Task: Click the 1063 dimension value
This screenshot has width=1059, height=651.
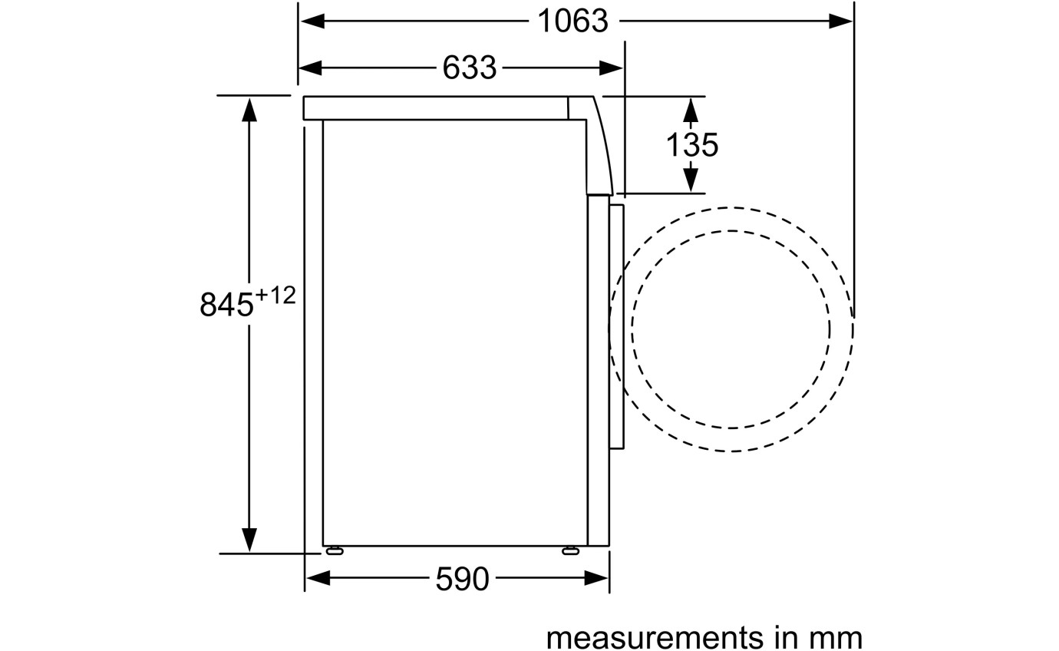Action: point(573,21)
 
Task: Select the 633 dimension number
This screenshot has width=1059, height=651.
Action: point(470,68)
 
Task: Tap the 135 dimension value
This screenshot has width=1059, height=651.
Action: point(692,145)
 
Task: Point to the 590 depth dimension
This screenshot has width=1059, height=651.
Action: point(462,579)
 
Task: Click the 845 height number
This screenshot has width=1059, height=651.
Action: point(226,304)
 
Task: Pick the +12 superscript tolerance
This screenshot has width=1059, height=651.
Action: point(275,296)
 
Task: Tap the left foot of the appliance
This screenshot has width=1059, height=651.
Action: point(335,550)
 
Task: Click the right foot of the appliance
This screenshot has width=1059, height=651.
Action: point(570,550)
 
